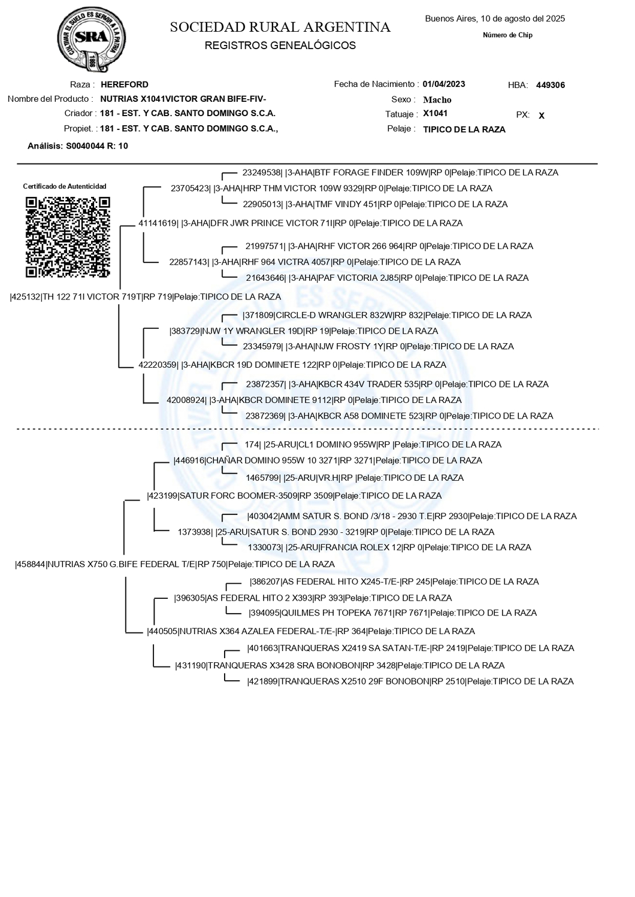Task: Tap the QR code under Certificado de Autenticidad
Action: pyautogui.click(x=68, y=237)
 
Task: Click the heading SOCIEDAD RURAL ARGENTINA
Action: pyautogui.click(x=280, y=28)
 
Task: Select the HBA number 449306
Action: pyautogui.click(x=550, y=85)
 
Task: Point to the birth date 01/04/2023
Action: pyautogui.click(x=443, y=84)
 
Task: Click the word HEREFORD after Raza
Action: pyautogui.click(x=125, y=84)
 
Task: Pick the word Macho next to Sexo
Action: pyautogui.click(x=437, y=100)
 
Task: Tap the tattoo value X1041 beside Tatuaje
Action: pyautogui.click(x=435, y=114)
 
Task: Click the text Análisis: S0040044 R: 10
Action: pyautogui.click(x=78, y=146)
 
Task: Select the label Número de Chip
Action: pyautogui.click(x=507, y=35)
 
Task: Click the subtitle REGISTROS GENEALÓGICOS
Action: pyautogui.click(x=280, y=46)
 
